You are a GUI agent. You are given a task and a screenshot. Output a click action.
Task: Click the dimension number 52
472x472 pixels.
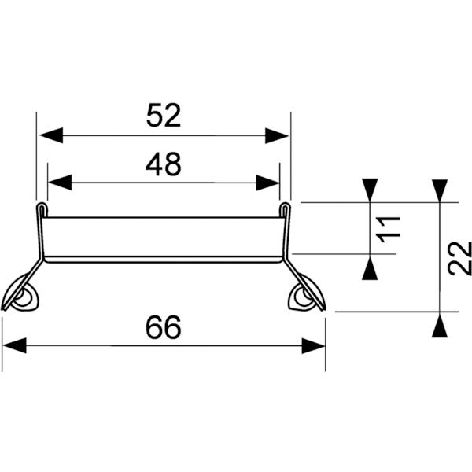[164, 116]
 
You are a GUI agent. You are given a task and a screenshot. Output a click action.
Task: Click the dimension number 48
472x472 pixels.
[164, 164]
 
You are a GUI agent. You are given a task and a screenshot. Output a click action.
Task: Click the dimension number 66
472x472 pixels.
[164, 327]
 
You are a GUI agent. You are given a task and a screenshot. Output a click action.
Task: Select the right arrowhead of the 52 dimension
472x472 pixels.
[278, 135]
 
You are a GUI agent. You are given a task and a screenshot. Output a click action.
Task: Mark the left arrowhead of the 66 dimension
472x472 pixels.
[15, 345]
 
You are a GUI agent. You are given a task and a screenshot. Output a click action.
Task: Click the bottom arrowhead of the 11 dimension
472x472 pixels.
[370, 267]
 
